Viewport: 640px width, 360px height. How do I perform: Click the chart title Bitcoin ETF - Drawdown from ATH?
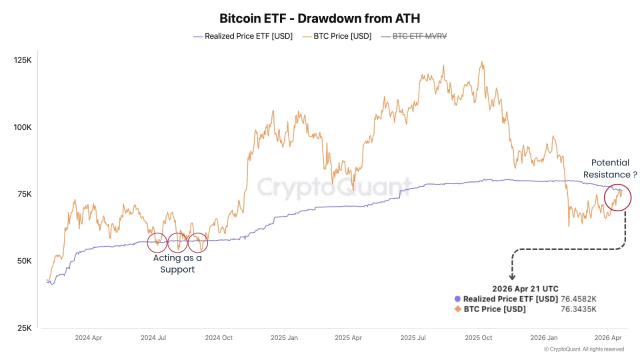(320, 18)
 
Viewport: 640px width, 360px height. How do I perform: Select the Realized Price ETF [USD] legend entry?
(242, 36)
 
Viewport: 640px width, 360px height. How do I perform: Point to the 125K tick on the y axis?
(22, 60)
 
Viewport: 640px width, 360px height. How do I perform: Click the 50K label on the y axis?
(23, 261)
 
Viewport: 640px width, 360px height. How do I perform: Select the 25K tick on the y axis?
(23, 328)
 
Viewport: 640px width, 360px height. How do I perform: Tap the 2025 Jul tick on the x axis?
(414, 337)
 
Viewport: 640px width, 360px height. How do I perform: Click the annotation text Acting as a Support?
(177, 263)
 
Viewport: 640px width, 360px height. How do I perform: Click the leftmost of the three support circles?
(157, 242)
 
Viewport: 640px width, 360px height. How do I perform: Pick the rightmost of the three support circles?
(197, 242)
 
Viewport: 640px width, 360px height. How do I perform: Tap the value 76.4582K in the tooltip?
(578, 299)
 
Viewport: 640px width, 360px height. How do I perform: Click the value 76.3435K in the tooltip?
(578, 309)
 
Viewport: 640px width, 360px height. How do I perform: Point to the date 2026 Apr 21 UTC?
(525, 288)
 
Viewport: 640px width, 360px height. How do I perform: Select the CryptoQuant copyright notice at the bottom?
(583, 349)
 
